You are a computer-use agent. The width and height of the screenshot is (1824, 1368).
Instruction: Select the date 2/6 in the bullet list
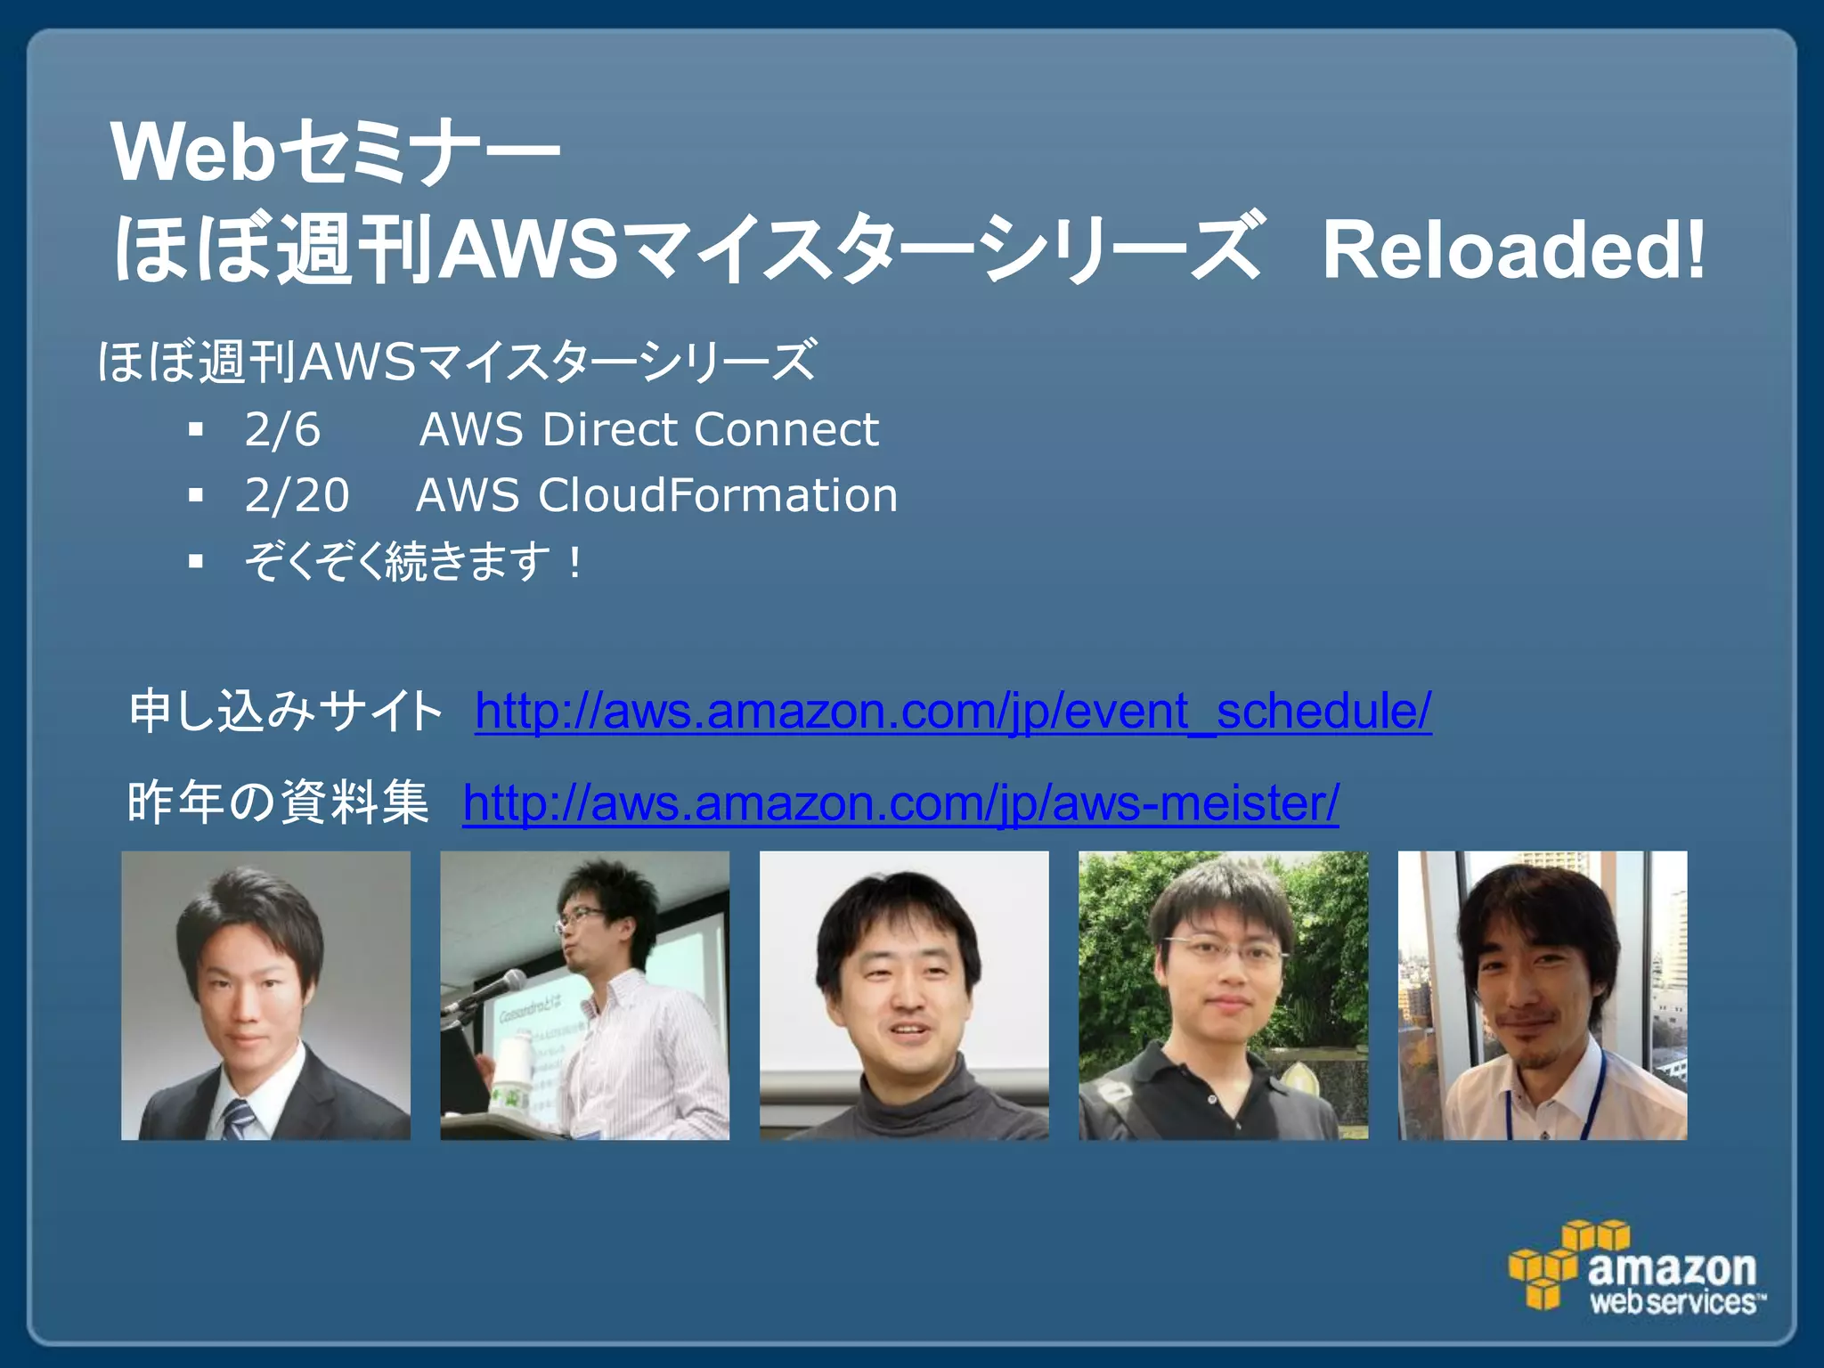tap(282, 430)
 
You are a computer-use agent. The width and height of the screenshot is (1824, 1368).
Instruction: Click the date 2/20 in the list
tap(297, 495)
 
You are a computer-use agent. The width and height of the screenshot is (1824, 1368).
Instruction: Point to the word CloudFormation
tap(718, 495)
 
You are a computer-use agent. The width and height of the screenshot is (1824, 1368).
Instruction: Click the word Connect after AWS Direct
tap(786, 430)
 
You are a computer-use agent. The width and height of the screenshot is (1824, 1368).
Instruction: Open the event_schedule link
tap(953, 712)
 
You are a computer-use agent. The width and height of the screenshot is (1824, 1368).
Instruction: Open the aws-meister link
tap(900, 803)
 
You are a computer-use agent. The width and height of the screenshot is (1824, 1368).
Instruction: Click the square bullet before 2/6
tap(197, 431)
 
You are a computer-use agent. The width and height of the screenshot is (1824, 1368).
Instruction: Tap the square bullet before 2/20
tap(197, 496)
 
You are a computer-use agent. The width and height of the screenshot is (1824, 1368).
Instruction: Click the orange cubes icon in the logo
tap(1554, 1265)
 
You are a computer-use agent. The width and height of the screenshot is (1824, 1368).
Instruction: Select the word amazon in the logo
tap(1671, 1267)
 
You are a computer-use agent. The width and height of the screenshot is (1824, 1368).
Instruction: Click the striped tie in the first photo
tap(238, 1118)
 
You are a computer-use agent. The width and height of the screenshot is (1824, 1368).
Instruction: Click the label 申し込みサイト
tap(285, 712)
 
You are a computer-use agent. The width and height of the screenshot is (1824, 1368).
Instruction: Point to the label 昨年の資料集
tap(278, 802)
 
